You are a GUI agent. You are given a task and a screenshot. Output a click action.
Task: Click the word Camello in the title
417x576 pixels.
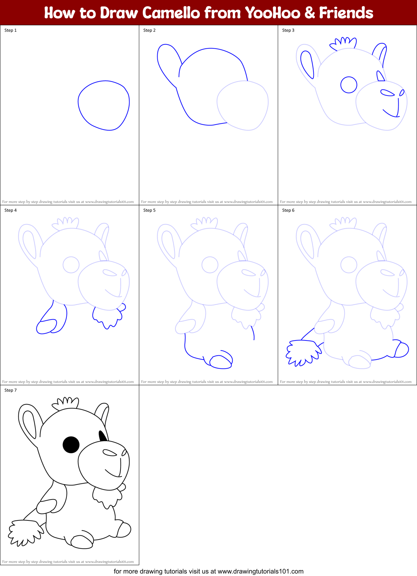[171, 13]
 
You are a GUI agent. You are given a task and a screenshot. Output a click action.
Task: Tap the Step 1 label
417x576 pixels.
[10, 30]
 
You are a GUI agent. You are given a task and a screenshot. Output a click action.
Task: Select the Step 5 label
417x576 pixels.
[149, 210]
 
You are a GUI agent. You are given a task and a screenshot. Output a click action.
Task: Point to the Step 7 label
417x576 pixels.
[10, 390]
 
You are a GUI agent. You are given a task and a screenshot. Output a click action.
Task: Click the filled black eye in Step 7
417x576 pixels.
[71, 445]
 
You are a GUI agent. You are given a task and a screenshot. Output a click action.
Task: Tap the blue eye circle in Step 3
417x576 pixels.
[349, 85]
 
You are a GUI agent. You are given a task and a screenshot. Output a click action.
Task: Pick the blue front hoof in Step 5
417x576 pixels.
[221, 362]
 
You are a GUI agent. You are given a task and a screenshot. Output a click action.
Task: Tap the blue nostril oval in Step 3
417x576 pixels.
[388, 93]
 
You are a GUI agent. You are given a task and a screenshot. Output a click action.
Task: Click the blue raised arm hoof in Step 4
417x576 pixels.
[46, 327]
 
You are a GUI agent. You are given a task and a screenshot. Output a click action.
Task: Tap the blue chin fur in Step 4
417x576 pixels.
[107, 316]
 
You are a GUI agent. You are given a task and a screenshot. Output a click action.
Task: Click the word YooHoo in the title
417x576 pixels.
[272, 13]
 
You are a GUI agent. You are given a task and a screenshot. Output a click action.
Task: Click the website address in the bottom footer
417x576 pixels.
[260, 571]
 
